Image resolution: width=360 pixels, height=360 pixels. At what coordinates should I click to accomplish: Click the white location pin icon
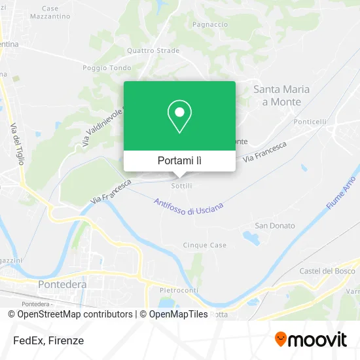(179, 116)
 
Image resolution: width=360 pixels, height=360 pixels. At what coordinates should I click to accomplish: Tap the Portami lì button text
(179, 160)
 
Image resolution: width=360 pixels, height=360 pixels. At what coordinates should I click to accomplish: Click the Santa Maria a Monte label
(281, 96)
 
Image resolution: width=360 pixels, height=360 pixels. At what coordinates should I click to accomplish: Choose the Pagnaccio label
(210, 24)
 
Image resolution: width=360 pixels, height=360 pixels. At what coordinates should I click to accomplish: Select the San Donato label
(275, 226)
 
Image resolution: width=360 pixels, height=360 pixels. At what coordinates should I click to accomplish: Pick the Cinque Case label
(205, 245)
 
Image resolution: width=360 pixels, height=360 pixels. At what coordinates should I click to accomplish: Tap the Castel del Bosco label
(327, 271)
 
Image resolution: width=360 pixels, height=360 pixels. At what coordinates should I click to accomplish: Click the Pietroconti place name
(179, 289)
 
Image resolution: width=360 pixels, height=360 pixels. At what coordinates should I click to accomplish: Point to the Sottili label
(181, 187)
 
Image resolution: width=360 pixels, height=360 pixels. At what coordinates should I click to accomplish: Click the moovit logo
(310, 339)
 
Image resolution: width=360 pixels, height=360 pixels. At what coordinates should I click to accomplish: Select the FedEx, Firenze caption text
(46, 340)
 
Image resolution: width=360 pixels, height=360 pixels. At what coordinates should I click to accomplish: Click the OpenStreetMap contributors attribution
(74, 314)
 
